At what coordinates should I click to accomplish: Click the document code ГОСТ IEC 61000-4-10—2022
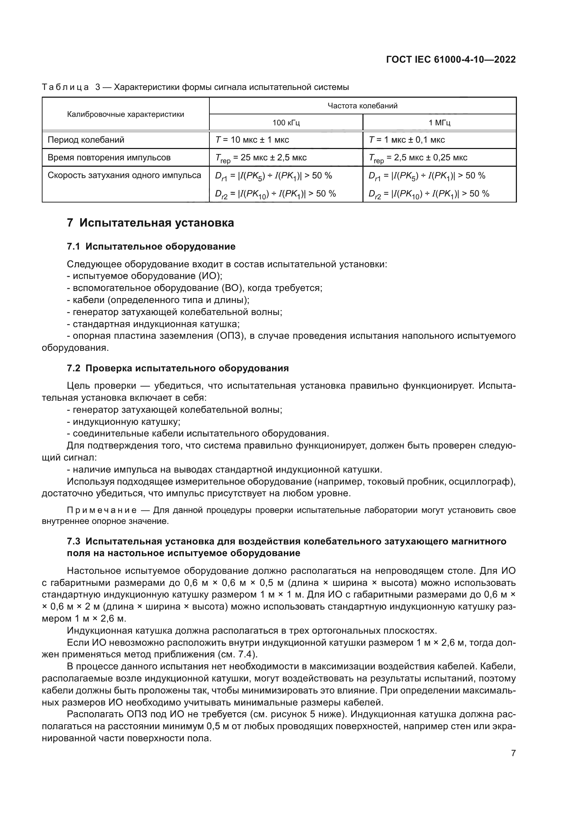tap(451, 59)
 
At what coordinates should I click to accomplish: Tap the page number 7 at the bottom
tap(513, 753)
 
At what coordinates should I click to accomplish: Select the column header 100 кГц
tap(286, 122)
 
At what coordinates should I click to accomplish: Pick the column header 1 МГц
tap(439, 122)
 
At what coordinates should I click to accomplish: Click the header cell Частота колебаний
tap(362, 105)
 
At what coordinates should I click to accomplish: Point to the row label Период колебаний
tap(86, 139)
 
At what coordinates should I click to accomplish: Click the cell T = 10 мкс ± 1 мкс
tap(252, 139)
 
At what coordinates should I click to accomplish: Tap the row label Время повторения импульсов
tap(109, 158)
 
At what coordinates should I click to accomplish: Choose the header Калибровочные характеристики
tap(125, 114)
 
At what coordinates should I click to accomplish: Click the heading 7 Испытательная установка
tap(151, 223)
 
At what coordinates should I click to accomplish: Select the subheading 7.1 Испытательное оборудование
tap(151, 246)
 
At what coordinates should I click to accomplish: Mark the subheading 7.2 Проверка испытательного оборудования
tap(178, 368)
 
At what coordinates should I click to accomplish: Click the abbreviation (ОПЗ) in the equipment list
tap(230, 336)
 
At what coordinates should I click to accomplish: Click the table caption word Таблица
tap(65, 87)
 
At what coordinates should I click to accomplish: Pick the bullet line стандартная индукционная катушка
tap(156, 324)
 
